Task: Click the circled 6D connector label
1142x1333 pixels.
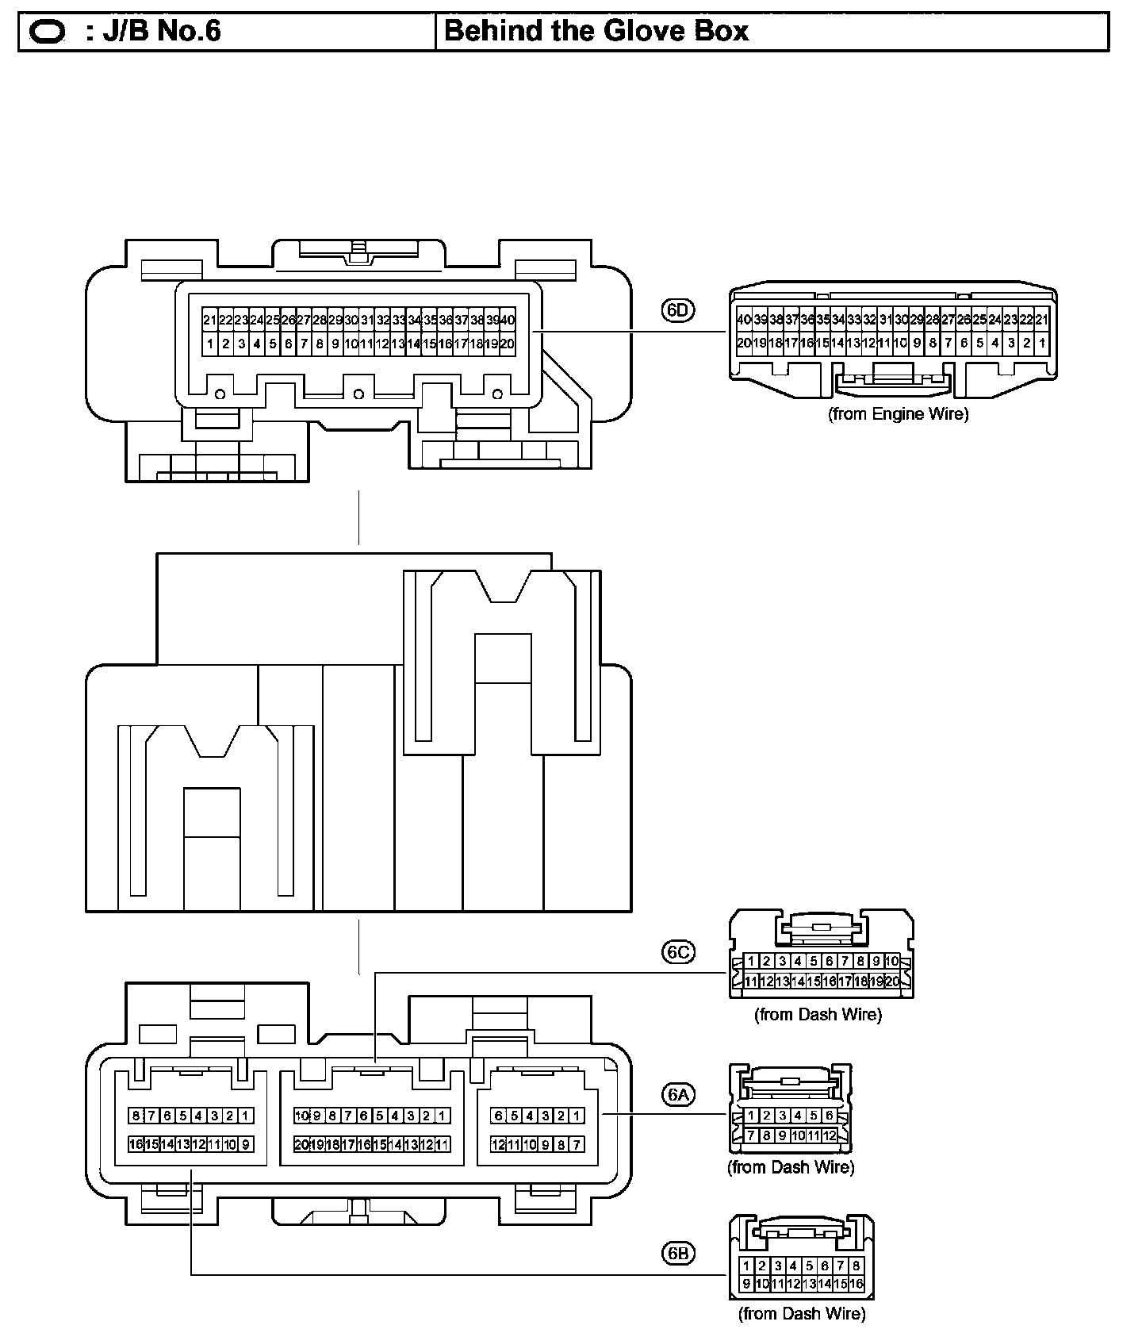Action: coord(677,310)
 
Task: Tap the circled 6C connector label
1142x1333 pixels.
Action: coord(678,951)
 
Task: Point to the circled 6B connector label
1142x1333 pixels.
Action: coord(678,1254)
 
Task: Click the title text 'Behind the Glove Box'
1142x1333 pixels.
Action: coord(596,31)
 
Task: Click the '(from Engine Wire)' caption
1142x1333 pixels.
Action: coord(899,413)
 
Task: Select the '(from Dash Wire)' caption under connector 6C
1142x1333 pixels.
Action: coord(818,1014)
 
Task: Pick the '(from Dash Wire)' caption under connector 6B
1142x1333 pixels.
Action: coord(803,1314)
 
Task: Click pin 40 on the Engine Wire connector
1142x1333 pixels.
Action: coord(744,320)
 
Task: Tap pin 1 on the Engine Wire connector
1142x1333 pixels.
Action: coord(1041,344)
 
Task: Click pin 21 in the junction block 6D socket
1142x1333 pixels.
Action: coord(209,321)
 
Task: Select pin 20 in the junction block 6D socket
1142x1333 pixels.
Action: coord(507,344)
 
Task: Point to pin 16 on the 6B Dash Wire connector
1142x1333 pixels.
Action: coord(856,1284)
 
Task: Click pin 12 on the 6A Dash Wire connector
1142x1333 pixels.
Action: coord(830,1135)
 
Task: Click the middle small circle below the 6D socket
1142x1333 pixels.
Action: coord(358,394)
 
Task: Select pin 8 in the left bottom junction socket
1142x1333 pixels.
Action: coord(136,1116)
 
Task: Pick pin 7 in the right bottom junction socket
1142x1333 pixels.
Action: coord(577,1144)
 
